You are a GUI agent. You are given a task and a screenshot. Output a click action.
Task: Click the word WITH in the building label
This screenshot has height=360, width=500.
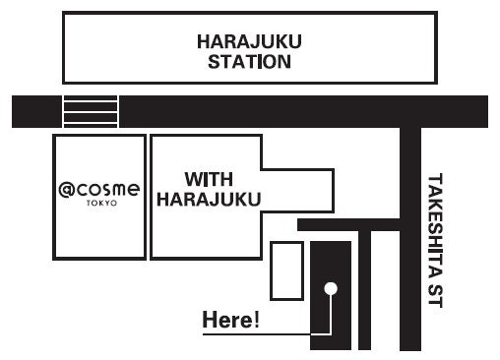(208, 181)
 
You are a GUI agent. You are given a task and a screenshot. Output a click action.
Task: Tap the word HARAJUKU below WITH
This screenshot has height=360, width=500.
(208, 200)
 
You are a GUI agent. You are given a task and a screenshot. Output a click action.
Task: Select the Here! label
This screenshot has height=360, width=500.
(229, 321)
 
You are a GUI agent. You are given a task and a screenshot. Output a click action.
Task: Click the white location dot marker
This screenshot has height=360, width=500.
(331, 288)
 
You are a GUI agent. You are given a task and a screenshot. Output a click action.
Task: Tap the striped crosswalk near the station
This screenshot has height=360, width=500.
(91, 111)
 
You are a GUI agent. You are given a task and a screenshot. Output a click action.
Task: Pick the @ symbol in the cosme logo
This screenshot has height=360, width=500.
(66, 188)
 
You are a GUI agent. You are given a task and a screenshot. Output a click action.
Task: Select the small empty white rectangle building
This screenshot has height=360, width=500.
(287, 270)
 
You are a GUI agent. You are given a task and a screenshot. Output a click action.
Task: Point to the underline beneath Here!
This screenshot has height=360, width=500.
(256, 335)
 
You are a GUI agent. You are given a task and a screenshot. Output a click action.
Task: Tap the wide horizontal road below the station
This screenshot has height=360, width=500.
(295, 111)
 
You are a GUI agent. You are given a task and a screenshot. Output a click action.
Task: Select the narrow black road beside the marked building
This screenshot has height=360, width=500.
(364, 295)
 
